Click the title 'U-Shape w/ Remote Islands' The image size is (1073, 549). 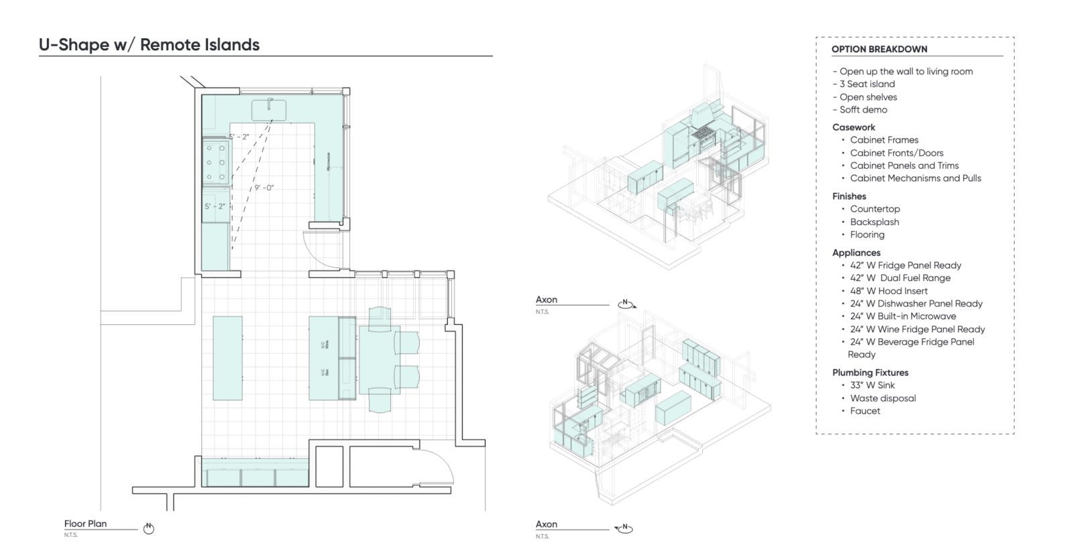point(149,45)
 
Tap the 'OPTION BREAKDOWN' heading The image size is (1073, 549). point(879,49)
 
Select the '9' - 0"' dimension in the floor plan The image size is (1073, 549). point(264,188)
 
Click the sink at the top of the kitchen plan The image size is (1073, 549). point(270,110)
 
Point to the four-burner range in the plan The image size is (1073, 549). point(216,162)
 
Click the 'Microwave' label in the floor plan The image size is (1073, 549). point(329,162)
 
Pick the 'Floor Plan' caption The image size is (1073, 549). point(85,524)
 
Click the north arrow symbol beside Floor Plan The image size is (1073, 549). point(150,528)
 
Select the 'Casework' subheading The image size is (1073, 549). point(854,127)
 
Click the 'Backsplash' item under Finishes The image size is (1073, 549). point(874,222)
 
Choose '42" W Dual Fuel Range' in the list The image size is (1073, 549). point(900,278)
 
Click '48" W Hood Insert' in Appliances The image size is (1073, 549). point(889,291)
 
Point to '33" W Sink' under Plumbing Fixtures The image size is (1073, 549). point(872,385)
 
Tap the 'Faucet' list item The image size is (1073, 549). point(865,411)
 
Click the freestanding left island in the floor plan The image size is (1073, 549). point(228,358)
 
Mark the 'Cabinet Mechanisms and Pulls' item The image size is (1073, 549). point(915,178)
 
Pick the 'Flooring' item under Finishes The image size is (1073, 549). point(867,235)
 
